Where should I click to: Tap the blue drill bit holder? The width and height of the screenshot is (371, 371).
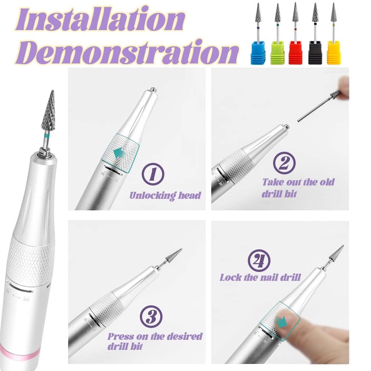(258, 53)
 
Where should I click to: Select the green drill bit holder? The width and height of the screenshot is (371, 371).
(277, 53)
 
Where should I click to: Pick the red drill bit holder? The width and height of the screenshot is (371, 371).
(296, 53)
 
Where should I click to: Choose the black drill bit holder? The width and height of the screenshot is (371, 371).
(315, 53)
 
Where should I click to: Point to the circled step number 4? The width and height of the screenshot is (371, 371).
(259, 260)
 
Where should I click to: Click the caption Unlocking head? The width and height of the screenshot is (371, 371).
(165, 195)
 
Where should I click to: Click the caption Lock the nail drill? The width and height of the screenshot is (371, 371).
(260, 277)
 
